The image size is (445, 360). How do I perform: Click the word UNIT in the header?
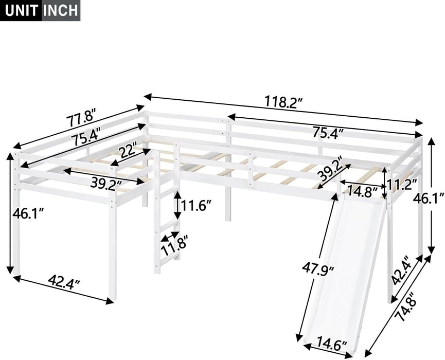pos(20,10)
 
